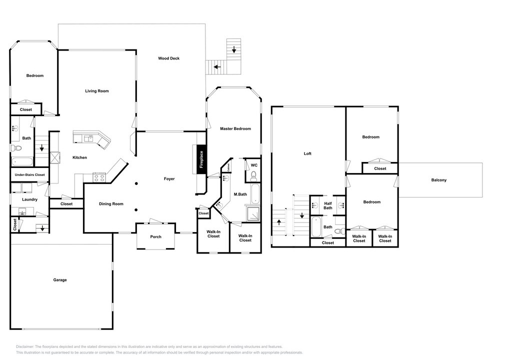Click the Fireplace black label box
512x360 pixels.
click(201, 159)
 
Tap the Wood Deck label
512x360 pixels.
click(169, 58)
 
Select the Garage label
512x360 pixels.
click(60, 280)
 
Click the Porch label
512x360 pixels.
click(156, 237)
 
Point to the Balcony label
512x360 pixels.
click(439, 180)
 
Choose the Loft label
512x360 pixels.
click(307, 153)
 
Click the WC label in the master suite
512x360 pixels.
click(254, 165)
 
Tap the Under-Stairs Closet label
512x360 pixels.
click(29, 175)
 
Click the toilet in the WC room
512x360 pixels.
click(253, 176)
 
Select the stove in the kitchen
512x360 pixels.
click(99, 177)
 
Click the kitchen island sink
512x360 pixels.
click(88, 138)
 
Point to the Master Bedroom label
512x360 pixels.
click(235, 128)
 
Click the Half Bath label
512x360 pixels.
click(328, 206)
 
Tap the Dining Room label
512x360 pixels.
click(111, 204)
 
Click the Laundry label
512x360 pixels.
click(29, 199)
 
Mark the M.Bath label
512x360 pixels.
click(240, 194)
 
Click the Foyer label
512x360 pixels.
click(169, 179)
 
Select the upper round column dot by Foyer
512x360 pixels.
click(136, 183)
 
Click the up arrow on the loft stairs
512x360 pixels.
click(279, 222)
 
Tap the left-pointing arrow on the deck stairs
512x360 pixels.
click(217, 67)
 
